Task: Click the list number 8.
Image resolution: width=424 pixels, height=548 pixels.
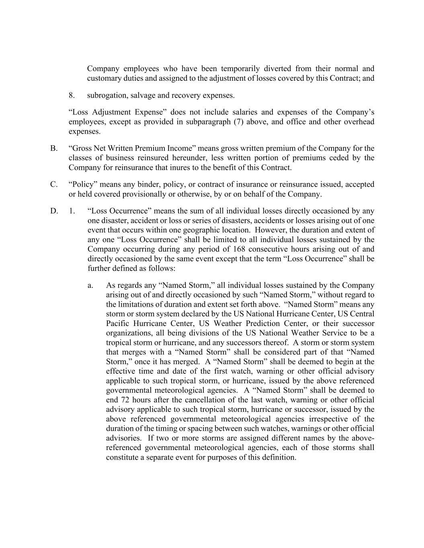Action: tap(71, 96)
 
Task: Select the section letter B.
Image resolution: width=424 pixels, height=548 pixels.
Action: tap(54, 149)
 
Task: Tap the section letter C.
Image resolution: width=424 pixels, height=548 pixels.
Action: tap(54, 185)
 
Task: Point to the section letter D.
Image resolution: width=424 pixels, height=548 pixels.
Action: tap(54, 211)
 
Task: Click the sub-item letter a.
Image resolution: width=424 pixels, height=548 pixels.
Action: tap(90, 285)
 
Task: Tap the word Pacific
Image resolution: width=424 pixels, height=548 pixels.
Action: tap(118, 324)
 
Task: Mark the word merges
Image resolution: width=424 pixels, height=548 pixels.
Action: tap(135, 352)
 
